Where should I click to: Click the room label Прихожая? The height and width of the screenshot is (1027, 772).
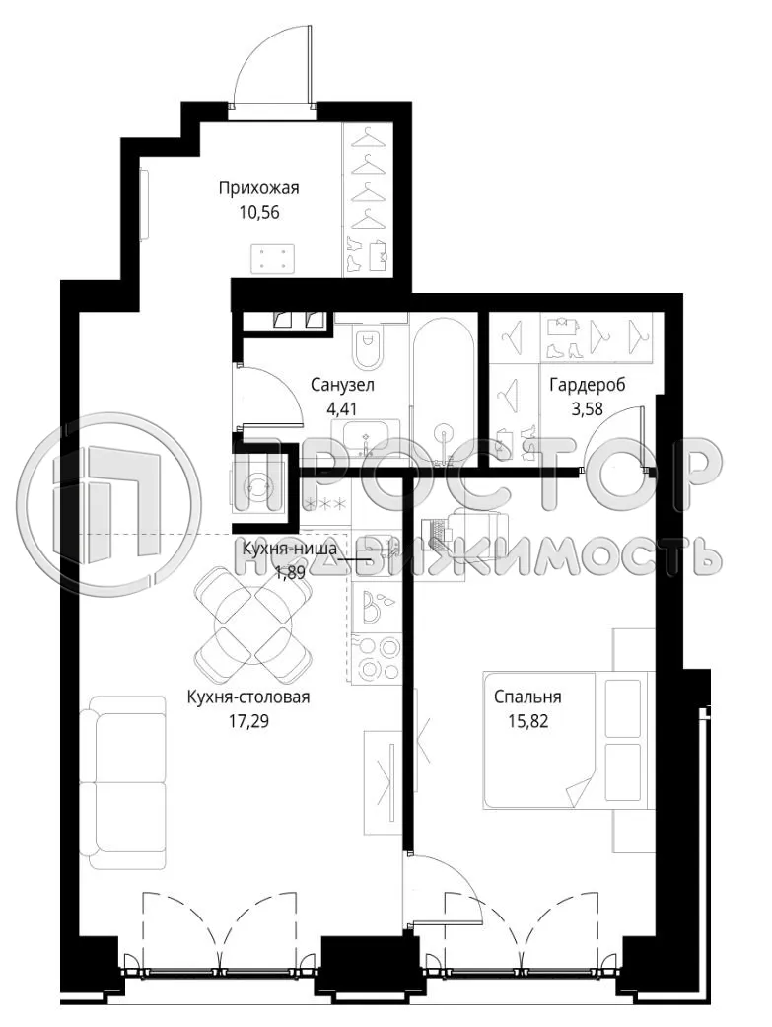click(x=258, y=188)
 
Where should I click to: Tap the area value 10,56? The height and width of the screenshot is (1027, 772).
click(x=258, y=211)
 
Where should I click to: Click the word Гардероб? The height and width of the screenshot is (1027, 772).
click(x=588, y=384)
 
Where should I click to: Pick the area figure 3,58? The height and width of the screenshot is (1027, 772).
click(x=588, y=405)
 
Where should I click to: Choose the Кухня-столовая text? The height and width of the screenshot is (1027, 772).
click(x=248, y=698)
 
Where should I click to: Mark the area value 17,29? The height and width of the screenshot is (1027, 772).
click(x=248, y=720)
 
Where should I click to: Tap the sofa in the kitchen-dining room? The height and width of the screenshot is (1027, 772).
click(x=123, y=781)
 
